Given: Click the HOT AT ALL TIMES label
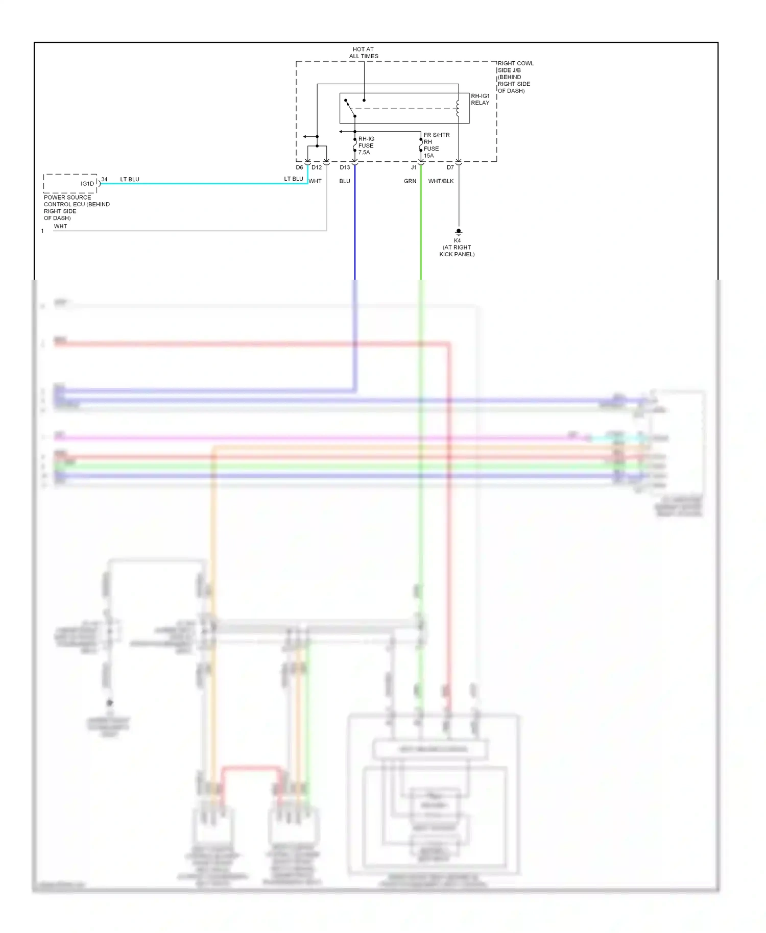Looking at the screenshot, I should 364,53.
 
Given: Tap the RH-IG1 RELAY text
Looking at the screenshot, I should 480,99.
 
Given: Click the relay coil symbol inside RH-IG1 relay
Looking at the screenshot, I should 458,108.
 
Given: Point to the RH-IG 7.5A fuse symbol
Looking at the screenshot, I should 355,145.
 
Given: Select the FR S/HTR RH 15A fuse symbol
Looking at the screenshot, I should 421,145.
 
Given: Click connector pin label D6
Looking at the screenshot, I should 299,167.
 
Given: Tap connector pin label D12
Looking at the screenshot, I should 317,167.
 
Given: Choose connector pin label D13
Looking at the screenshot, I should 345,167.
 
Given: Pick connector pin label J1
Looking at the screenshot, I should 414,167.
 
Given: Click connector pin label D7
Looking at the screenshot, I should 450,167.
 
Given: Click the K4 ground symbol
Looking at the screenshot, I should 459,232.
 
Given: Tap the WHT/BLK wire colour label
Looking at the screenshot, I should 441,181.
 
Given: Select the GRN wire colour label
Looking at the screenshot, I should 410,181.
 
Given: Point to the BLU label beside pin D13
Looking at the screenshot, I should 345,181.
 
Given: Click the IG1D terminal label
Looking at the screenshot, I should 87,184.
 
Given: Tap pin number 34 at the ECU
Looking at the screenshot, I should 104,179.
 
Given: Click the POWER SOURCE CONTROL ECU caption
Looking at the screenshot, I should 77,207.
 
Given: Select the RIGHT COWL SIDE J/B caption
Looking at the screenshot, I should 515,77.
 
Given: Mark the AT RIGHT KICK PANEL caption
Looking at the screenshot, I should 457,251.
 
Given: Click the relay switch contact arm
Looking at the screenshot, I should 350,108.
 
